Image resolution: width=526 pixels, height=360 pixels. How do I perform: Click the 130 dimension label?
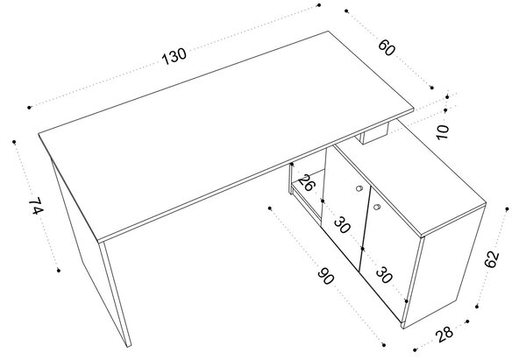174,56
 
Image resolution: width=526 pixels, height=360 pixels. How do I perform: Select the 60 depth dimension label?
387,48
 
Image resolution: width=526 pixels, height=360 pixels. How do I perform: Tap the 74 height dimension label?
36,207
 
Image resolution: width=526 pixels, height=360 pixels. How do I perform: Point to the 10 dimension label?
443,132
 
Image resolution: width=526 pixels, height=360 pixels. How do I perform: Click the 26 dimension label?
306,183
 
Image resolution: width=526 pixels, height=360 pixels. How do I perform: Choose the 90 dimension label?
326,276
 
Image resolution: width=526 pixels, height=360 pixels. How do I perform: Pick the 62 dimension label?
492,259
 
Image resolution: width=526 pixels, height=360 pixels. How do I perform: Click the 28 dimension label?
444,333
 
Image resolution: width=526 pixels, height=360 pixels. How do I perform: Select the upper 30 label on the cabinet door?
342,225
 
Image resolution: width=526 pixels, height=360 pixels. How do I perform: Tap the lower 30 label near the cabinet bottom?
384,274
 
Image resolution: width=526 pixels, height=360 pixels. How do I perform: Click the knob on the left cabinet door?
359,188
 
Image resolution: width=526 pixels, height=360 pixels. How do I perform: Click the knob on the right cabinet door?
376,207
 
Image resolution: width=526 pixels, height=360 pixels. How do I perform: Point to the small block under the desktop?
374,133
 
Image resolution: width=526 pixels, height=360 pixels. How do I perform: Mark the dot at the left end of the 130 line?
29,108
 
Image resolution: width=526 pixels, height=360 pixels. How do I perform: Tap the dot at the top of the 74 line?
14,142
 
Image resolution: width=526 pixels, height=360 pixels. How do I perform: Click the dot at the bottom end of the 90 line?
384,344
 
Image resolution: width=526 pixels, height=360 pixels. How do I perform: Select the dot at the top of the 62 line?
508,208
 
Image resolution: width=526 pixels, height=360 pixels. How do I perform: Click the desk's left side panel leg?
90,255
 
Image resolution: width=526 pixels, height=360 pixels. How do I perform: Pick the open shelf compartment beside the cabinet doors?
307,187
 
